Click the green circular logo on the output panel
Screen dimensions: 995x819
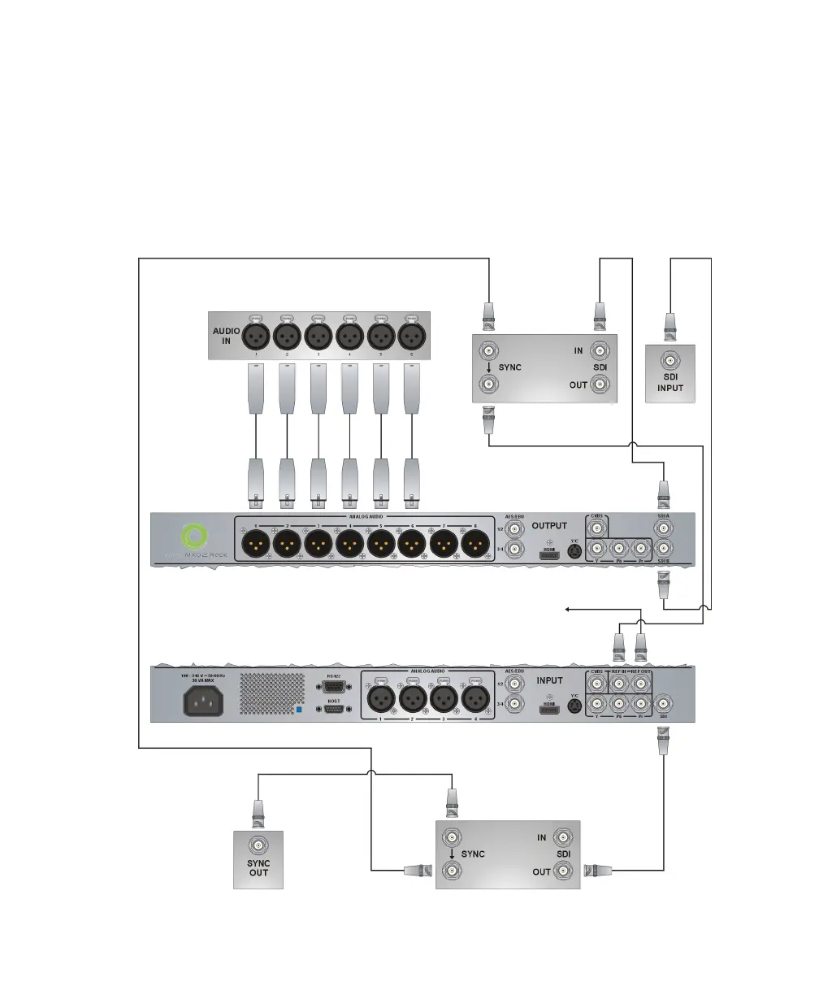[195, 537]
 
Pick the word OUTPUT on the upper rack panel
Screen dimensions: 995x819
[549, 526]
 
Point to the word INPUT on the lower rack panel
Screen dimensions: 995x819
[549, 680]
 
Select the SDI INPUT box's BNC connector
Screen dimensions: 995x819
[669, 360]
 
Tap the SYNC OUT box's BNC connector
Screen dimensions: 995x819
[258, 845]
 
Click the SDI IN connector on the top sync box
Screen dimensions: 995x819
[600, 351]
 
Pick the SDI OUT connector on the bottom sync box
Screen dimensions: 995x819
[564, 872]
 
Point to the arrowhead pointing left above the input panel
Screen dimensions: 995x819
[566, 607]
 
